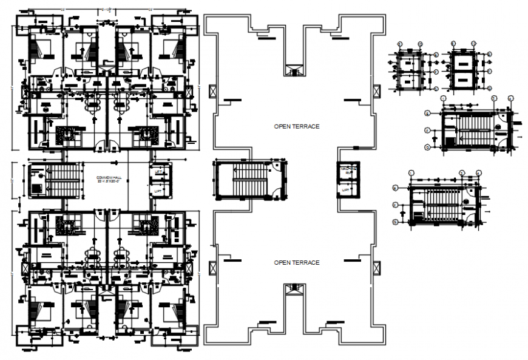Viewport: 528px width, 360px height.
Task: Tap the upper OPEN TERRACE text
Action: point(296,126)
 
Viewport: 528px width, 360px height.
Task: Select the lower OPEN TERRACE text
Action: point(296,262)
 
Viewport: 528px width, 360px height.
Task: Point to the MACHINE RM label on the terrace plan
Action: point(348,170)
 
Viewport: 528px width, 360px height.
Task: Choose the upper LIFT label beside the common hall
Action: point(159,173)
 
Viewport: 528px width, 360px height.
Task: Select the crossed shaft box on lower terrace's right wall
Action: point(377,267)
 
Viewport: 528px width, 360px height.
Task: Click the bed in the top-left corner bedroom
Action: point(42,49)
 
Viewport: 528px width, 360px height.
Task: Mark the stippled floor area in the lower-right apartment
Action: point(146,226)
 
